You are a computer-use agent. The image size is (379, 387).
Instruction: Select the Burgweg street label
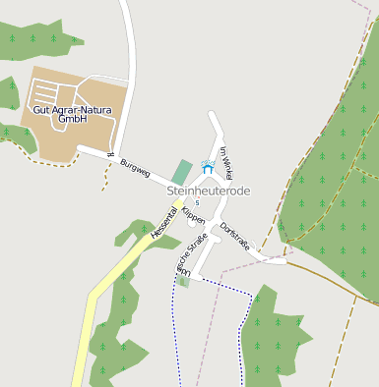(135, 168)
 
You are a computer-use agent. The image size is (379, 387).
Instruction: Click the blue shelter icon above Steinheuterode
(207, 168)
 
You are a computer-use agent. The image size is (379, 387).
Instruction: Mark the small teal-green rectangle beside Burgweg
(181, 172)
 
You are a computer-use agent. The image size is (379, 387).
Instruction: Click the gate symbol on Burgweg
(111, 155)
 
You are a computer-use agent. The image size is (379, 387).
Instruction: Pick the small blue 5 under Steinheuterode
(197, 202)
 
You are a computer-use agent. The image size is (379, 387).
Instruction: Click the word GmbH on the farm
(74, 119)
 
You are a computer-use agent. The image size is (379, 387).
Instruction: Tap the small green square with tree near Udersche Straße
(183, 281)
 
